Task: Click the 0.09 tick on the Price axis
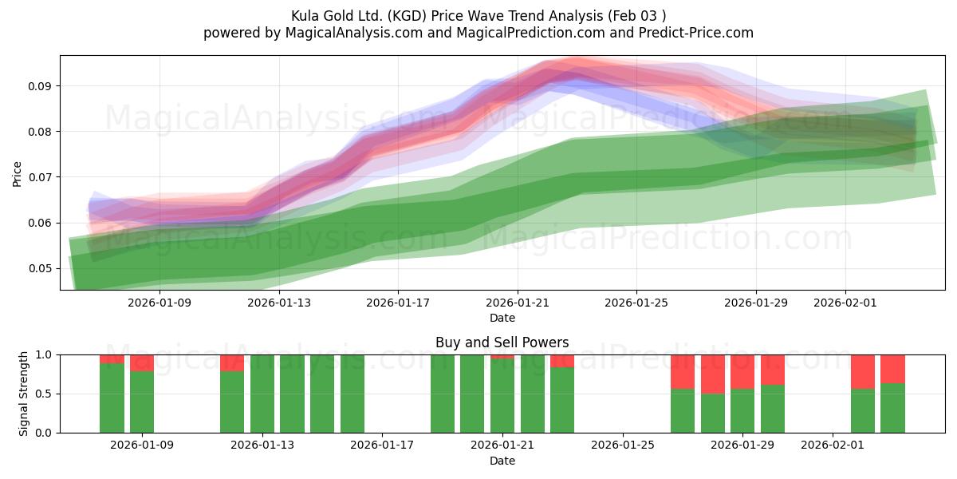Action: pyautogui.click(x=39, y=86)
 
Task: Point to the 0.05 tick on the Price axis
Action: pyautogui.click(x=39, y=268)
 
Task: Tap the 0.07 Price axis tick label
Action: pyautogui.click(x=39, y=177)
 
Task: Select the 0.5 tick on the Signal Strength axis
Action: pyautogui.click(x=43, y=394)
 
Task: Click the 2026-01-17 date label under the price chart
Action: pyautogui.click(x=398, y=303)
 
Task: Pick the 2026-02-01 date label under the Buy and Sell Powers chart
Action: pyautogui.click(x=833, y=445)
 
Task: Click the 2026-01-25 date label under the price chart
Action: pyautogui.click(x=636, y=303)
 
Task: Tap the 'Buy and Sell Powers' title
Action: pyautogui.click(x=502, y=342)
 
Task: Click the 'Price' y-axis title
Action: pyautogui.click(x=17, y=174)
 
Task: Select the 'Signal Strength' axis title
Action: pyautogui.click(x=23, y=394)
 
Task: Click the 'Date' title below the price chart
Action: pyautogui.click(x=502, y=318)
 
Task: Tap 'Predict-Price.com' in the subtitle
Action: pyautogui.click(x=696, y=33)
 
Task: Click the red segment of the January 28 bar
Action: pyautogui.click(x=713, y=374)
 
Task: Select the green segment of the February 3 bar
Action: pyautogui.click(x=892, y=408)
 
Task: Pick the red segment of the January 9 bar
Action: pyautogui.click(x=142, y=363)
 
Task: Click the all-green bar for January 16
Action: pyautogui.click(x=352, y=394)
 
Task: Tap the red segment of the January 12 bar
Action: pyautogui.click(x=232, y=363)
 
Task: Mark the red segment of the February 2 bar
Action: pyautogui.click(x=863, y=372)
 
